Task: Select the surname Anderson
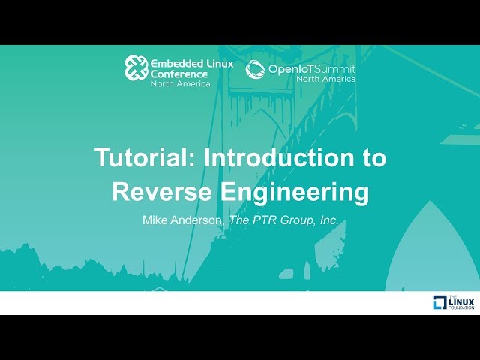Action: [x=197, y=220]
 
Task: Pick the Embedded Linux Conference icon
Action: [x=136, y=67]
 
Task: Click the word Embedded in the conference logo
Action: [x=175, y=62]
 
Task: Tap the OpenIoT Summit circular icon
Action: [x=255, y=69]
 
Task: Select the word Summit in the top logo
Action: [x=337, y=69]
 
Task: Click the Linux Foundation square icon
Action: [x=439, y=302]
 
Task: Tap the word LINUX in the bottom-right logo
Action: [x=461, y=301]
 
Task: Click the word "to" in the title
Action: [x=369, y=158]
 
